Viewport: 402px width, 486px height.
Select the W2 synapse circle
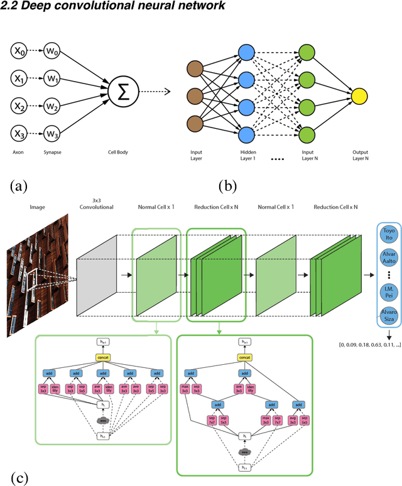point(53,106)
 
